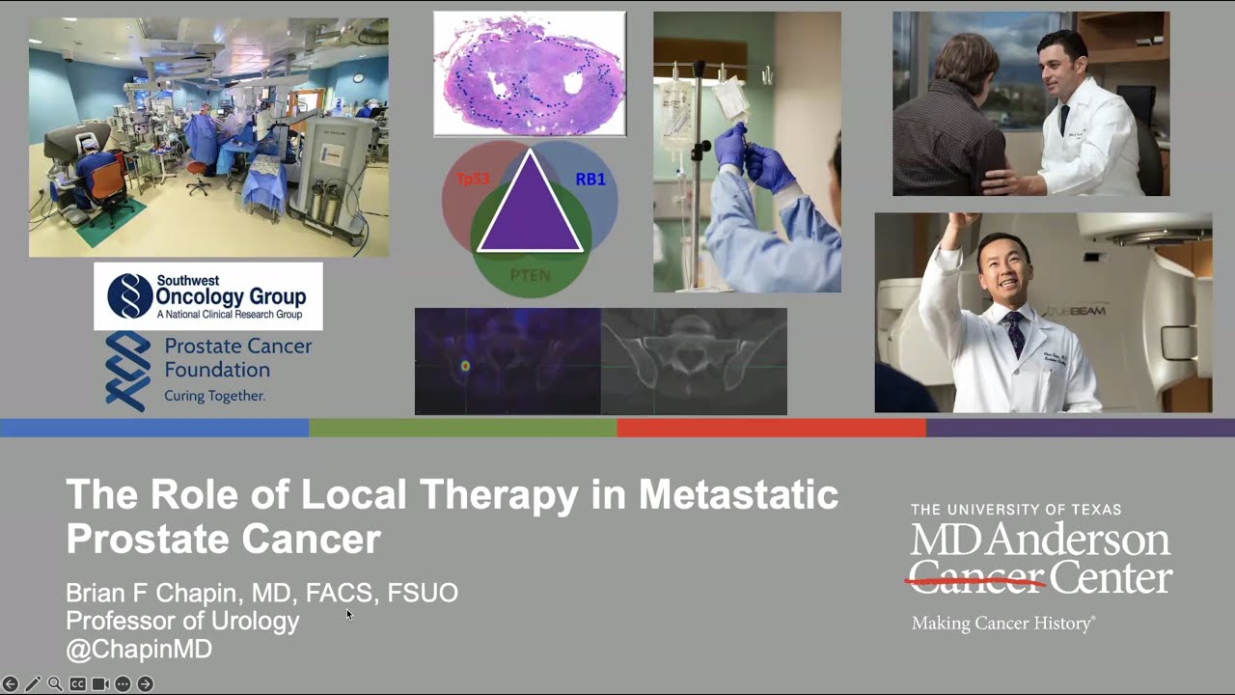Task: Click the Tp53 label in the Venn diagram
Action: [x=474, y=180]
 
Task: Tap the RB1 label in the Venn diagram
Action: [x=590, y=180]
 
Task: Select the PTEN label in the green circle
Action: [x=530, y=275]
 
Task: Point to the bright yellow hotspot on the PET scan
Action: [x=465, y=366]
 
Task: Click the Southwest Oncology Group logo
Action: [x=207, y=295]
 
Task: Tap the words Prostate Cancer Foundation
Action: [x=237, y=357]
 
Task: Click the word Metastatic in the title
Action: [x=738, y=495]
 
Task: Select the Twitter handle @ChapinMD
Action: [x=138, y=650]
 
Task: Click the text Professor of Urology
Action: [x=182, y=621]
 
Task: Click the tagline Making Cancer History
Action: [x=1002, y=624]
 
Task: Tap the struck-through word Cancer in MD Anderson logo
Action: [x=975, y=578]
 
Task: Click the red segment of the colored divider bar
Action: [x=771, y=428]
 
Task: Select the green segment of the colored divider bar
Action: [x=462, y=428]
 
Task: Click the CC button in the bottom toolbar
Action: [x=77, y=683]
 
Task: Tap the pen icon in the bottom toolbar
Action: [x=33, y=683]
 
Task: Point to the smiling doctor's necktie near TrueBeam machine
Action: [x=1015, y=334]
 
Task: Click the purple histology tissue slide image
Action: [x=530, y=73]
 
